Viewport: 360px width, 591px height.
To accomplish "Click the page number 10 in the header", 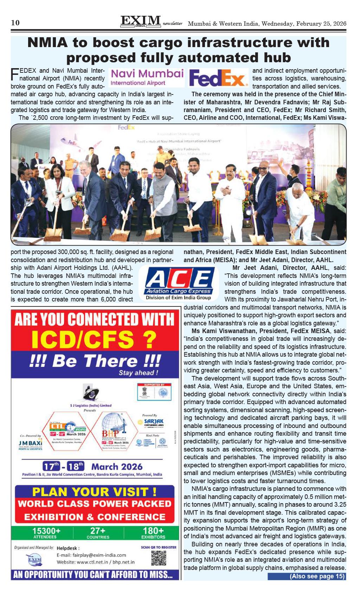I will click(15, 23).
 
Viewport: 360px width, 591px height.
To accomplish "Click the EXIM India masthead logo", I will click(140, 22).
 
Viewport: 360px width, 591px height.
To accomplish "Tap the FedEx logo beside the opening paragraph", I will click(218, 78).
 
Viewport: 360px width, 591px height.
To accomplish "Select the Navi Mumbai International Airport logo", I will click(147, 77).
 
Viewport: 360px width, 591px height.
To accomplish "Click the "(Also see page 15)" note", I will click(316, 576).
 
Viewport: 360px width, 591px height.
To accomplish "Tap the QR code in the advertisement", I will click(159, 558).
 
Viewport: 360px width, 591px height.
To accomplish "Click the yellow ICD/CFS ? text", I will click(94, 339).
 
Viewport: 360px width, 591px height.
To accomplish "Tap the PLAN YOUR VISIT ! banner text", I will click(94, 491).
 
